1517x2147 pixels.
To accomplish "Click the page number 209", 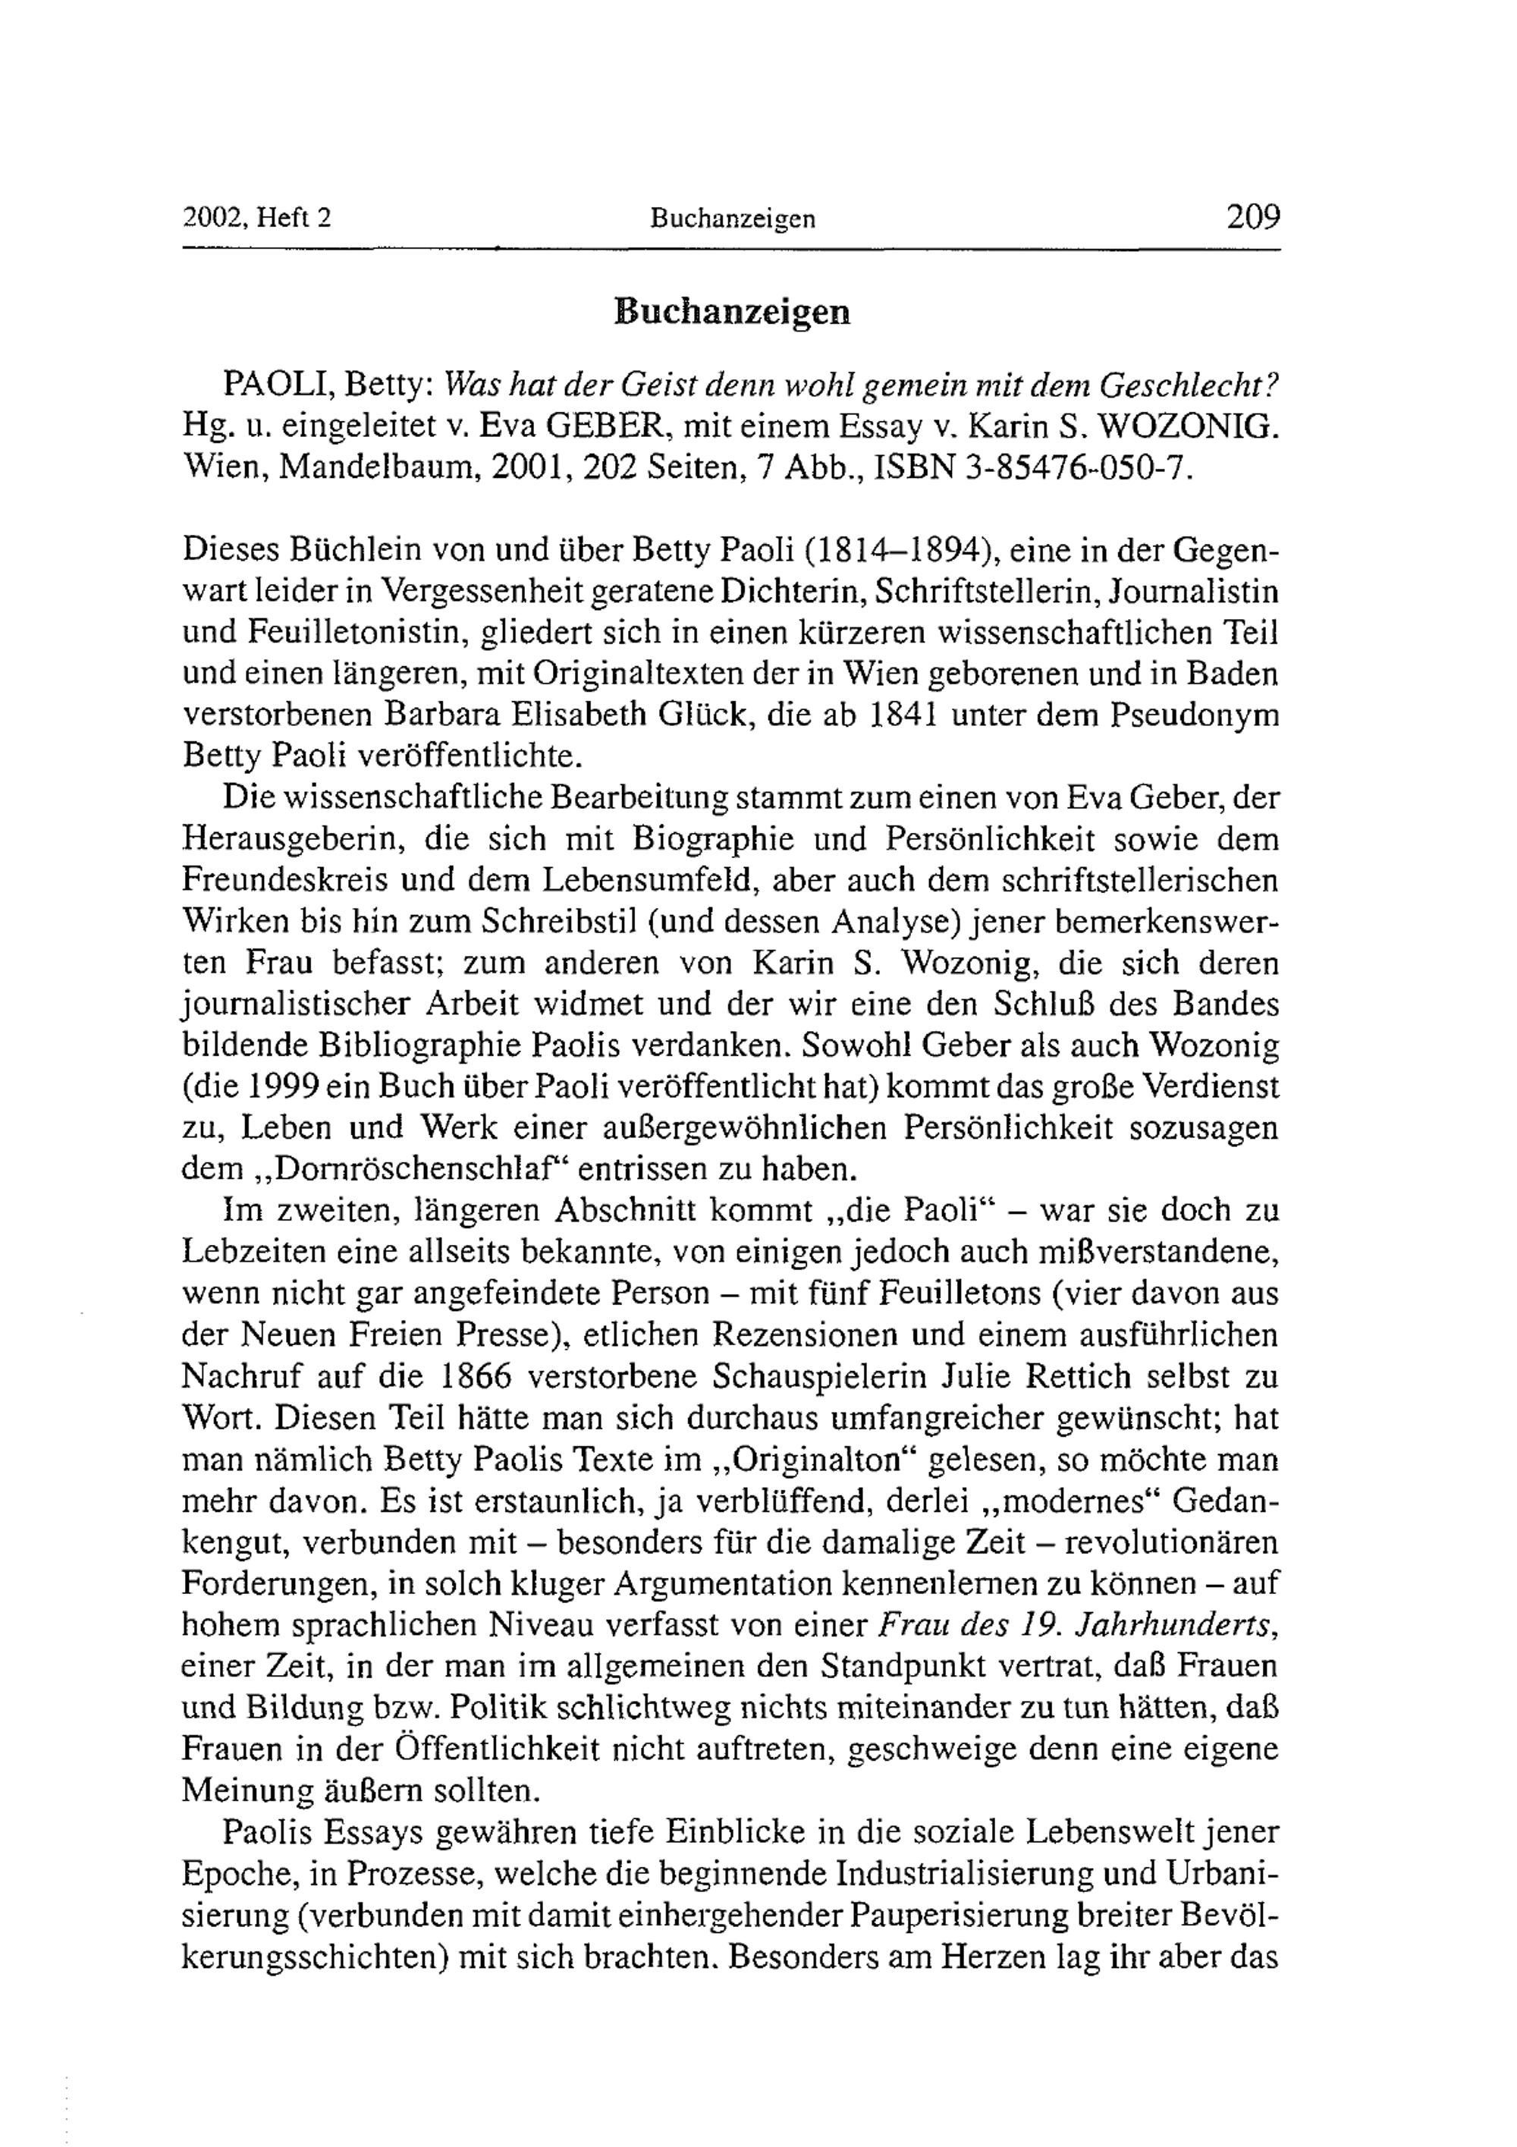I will (1252, 217).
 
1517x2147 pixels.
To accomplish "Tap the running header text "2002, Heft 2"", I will (257, 218).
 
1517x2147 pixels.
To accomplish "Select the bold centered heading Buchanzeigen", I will (732, 313).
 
